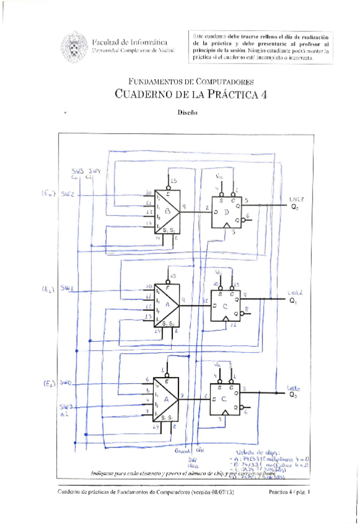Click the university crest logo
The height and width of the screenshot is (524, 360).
(75, 45)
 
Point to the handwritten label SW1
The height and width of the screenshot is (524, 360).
(68, 288)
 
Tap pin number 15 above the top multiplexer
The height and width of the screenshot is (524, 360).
(175, 180)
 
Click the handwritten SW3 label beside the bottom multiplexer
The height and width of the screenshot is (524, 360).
(66, 407)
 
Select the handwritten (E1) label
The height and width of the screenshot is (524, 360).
(49, 289)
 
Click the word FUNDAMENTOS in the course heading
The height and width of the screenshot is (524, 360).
(151, 82)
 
